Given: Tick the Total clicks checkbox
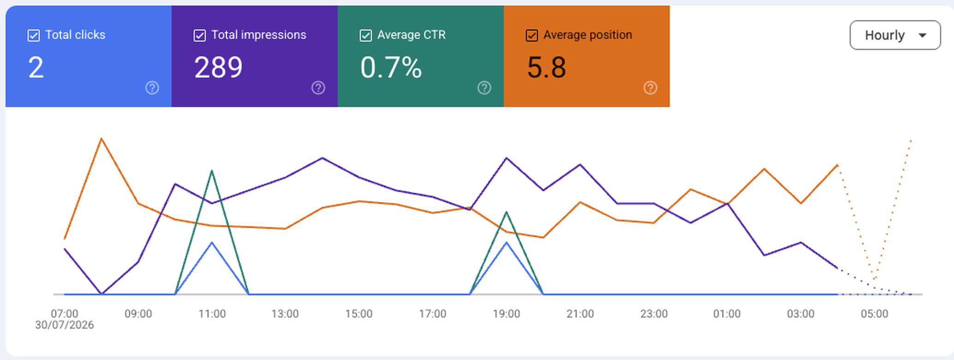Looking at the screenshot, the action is pos(34,36).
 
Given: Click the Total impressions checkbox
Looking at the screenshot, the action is pos(200,36).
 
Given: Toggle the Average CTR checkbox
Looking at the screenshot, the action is pos(366,36).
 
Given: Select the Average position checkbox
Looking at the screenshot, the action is pos(532,36).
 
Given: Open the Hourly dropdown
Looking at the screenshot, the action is pos(895,35).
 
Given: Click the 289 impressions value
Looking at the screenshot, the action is pos(218,67).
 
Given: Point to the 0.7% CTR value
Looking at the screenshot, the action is pos(391,67).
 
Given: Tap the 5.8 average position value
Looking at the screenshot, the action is pos(546,67).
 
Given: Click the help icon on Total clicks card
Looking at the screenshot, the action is pos(152,88).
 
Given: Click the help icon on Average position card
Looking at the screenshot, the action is pos(650,88).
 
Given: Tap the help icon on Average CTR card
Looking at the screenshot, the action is pos(484,88).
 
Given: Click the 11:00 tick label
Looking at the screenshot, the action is pos(212,314).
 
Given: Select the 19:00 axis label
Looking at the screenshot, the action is pos(507,314).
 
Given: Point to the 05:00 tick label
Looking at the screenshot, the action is pos(875,314).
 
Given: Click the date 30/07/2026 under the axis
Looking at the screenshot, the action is pos(65,325).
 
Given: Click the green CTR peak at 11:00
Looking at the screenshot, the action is pos(212,171).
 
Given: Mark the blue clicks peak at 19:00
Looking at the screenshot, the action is pos(507,242).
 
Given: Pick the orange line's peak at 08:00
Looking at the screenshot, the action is pos(101,138).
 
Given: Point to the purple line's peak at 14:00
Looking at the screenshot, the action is pos(322,158).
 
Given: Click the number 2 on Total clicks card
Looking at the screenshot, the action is pos(36,67).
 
